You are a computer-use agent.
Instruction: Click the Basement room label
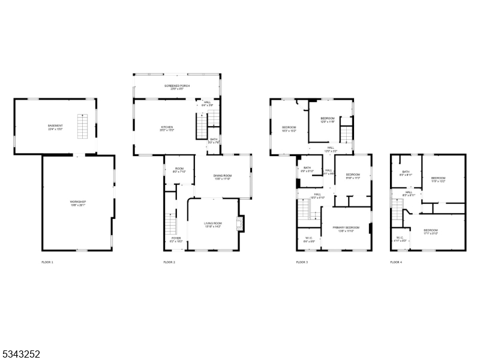(55, 127)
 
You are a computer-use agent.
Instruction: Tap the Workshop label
(77, 203)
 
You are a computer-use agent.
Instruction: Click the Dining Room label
(223, 176)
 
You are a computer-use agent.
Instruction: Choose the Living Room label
(213, 225)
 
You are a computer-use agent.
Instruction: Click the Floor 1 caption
(47, 262)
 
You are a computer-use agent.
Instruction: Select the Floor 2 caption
(169, 262)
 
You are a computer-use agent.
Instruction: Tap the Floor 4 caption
(396, 262)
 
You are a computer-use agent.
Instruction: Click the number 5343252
(21, 354)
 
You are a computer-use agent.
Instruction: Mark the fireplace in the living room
(241, 224)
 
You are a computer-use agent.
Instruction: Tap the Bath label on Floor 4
(406, 173)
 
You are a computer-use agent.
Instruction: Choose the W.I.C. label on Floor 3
(308, 239)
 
